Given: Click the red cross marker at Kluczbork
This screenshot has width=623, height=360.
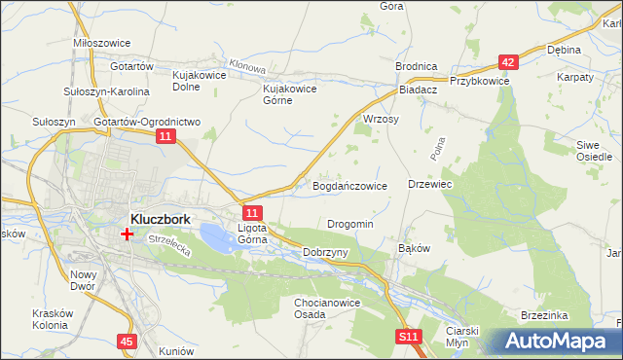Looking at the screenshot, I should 127,234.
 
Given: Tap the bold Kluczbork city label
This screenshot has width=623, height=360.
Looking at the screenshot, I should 160,219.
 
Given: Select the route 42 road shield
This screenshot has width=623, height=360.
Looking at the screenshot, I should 508,61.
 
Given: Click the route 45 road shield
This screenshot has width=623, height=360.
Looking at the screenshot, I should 128,342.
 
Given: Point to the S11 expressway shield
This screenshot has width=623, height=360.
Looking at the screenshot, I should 409,337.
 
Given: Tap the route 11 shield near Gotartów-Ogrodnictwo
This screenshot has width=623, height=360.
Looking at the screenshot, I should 166,139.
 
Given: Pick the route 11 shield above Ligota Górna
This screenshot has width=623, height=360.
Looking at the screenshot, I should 252,213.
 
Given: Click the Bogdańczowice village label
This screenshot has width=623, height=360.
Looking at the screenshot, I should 349,185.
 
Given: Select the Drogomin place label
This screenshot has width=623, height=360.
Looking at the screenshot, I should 349,224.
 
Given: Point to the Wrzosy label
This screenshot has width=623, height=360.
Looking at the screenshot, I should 381,118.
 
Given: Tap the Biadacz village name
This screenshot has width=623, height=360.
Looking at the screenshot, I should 419,89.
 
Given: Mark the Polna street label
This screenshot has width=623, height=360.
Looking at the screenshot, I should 436,148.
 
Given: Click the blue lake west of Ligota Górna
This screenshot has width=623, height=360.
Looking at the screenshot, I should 216,234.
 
